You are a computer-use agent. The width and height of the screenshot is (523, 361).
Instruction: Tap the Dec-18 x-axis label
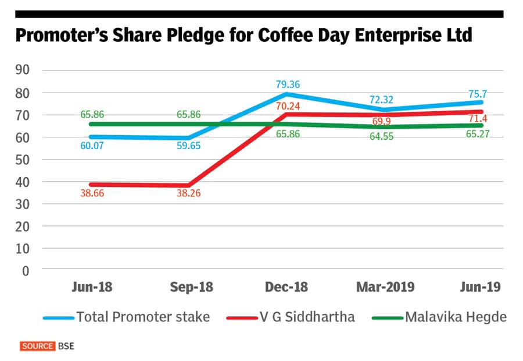(286, 287)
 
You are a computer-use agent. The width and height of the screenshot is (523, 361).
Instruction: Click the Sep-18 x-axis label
(191, 287)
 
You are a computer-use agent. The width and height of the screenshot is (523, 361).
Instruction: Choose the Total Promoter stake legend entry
(127, 317)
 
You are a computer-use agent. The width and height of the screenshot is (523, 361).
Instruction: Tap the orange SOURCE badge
(38, 346)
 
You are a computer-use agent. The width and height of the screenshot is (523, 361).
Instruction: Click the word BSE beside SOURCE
(66, 346)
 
